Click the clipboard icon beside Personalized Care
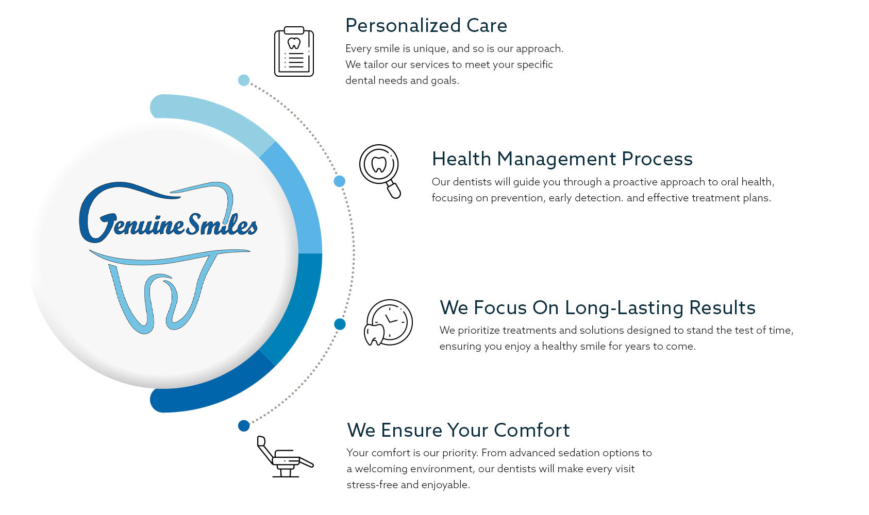pyautogui.click(x=294, y=51)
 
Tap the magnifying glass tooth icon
pyautogui.click(x=380, y=171)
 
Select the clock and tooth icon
pyautogui.click(x=388, y=322)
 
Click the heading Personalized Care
pyautogui.click(x=426, y=26)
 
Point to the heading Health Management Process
pyautogui.click(x=562, y=159)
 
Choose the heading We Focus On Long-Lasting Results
pyautogui.click(x=597, y=307)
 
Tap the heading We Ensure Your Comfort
pyautogui.click(x=458, y=430)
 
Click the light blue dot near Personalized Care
pyautogui.click(x=244, y=80)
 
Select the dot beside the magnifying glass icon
pyautogui.click(x=340, y=181)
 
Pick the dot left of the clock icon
pyautogui.click(x=340, y=324)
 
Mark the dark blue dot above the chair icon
pyautogui.click(x=244, y=425)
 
